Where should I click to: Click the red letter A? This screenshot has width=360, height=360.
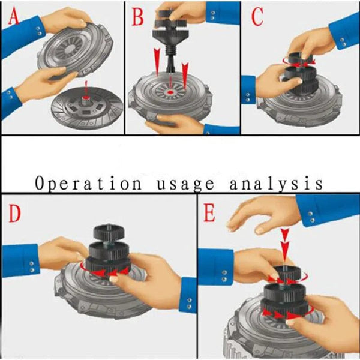13,18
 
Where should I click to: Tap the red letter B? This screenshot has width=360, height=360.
137,17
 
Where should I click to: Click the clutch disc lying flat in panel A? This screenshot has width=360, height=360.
87,108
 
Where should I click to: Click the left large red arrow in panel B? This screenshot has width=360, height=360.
157,63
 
